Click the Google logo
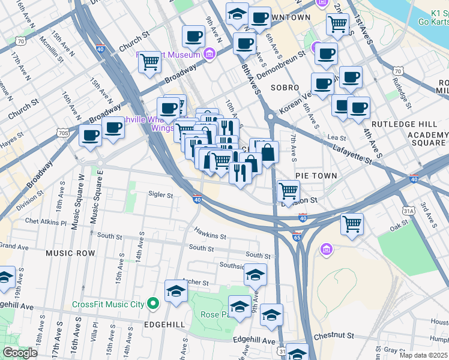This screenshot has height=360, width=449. click(20, 353)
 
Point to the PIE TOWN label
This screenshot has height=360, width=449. click(316, 175)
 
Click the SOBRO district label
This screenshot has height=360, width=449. click(285, 88)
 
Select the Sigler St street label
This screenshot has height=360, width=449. click(160, 194)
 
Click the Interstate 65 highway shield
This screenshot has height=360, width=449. click(297, 237)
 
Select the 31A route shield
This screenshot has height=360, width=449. click(409, 211)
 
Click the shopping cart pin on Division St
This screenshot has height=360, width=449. click(289, 191)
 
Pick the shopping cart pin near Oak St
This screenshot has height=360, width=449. click(352, 224)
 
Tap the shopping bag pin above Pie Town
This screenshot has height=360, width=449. click(268, 152)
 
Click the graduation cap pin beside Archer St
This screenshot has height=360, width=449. click(176, 291)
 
